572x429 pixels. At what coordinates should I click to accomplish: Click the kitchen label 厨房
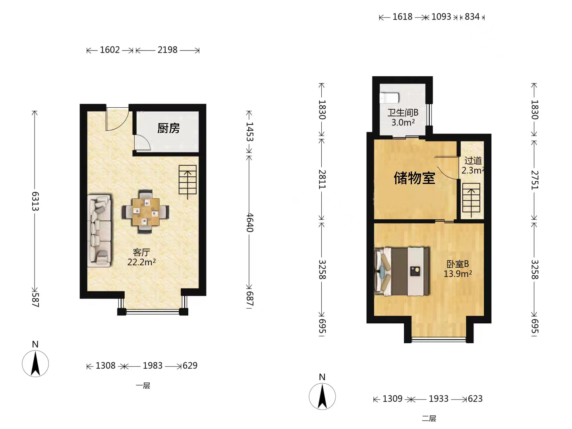(x=168, y=128)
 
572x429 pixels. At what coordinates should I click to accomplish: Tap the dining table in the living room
(x=146, y=212)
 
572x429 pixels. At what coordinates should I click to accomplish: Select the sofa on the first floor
(x=100, y=230)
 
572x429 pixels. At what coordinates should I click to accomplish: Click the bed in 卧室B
(x=402, y=271)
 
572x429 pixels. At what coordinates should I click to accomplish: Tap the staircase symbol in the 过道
(x=471, y=199)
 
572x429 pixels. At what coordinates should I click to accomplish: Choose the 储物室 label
(x=414, y=178)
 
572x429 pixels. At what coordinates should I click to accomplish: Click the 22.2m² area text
(x=141, y=262)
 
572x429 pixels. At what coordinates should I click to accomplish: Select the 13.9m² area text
(x=458, y=274)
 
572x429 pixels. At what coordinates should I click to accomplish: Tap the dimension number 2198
(x=167, y=50)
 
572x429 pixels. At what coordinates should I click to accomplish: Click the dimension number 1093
(x=441, y=17)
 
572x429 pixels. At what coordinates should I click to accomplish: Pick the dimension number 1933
(x=439, y=399)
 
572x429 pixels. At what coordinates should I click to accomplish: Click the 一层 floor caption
(x=143, y=385)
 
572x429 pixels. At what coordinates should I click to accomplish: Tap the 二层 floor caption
(x=429, y=419)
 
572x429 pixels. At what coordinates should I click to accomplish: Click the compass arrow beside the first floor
(x=35, y=363)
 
